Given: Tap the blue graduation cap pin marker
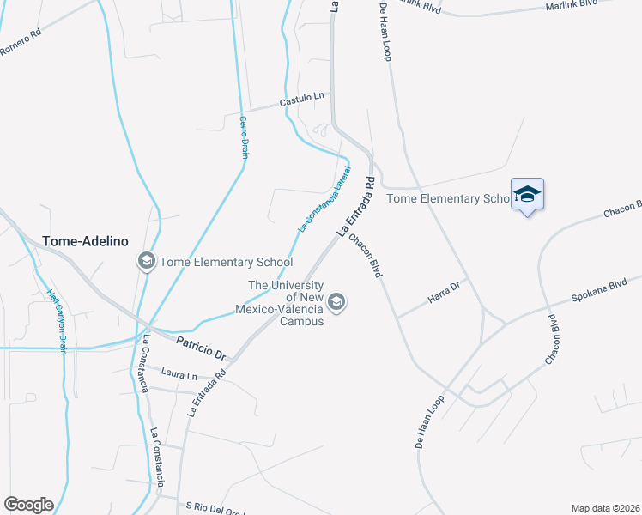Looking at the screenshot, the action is (527, 195).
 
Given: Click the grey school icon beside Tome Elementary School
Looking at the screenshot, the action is (146, 262).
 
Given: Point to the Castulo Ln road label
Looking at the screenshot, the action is (304, 100).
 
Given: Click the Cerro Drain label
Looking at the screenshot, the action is (243, 137).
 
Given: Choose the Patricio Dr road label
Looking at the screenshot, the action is (201, 348).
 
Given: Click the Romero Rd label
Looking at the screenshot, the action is (21, 45).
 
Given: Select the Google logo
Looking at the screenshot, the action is (28, 505).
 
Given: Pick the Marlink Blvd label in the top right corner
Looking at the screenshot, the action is (571, 5).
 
